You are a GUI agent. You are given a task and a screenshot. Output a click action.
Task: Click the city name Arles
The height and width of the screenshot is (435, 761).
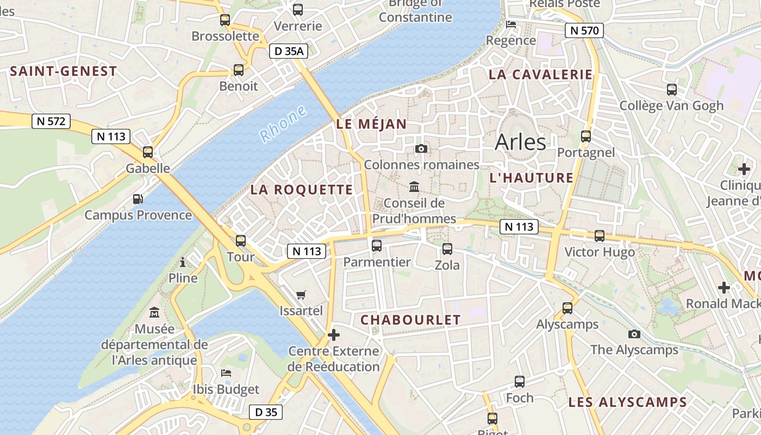pyautogui.click(x=520, y=142)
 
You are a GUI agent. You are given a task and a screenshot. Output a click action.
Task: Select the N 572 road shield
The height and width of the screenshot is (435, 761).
pyautogui.click(x=52, y=121)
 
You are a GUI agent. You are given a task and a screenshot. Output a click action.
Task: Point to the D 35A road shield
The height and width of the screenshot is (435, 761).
pyautogui.click(x=289, y=52)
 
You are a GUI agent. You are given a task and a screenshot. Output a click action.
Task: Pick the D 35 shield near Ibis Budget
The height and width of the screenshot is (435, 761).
pyautogui.click(x=266, y=412)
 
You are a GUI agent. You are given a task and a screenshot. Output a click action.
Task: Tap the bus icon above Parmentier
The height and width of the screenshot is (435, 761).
pyautogui.click(x=377, y=246)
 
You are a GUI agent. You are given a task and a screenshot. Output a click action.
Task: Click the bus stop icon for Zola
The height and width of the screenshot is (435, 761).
pyautogui.click(x=447, y=249)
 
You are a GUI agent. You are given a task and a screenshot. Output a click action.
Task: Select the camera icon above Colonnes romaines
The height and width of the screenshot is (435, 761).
pyautogui.click(x=421, y=148)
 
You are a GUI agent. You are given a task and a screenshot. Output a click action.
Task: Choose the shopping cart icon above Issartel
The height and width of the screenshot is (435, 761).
pyautogui.click(x=301, y=295)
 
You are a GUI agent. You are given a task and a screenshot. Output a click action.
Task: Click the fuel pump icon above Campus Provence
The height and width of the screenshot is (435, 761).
pyautogui.click(x=139, y=199)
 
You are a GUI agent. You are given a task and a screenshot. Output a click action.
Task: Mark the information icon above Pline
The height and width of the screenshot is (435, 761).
pyautogui.click(x=183, y=263)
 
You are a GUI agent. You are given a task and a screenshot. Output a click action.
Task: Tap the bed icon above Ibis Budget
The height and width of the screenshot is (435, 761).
pyautogui.click(x=226, y=373)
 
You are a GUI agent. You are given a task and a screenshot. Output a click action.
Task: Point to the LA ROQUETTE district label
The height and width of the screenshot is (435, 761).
pyautogui.click(x=302, y=190)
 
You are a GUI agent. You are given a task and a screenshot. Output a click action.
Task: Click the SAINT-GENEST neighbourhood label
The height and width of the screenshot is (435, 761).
pyautogui.click(x=64, y=71)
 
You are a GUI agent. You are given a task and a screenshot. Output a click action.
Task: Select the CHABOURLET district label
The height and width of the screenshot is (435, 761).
pyautogui.click(x=410, y=320)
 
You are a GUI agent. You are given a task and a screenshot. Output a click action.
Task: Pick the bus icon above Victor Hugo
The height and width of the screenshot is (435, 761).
pyautogui.click(x=600, y=236)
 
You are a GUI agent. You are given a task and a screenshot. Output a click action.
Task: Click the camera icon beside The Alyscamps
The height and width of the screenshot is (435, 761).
pyautogui.click(x=634, y=334)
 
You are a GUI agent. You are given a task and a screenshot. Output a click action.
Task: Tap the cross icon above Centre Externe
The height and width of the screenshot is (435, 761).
pyautogui.click(x=334, y=335)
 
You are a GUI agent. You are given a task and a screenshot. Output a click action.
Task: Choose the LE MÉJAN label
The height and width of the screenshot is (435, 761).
pyautogui.click(x=371, y=124)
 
